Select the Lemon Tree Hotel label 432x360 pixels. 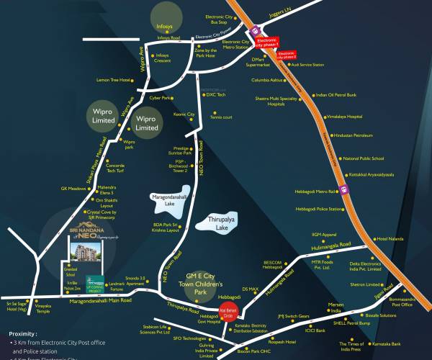click(x=114, y=80)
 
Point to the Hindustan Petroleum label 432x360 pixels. click(x=353, y=135)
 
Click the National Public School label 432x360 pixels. click(x=363, y=158)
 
